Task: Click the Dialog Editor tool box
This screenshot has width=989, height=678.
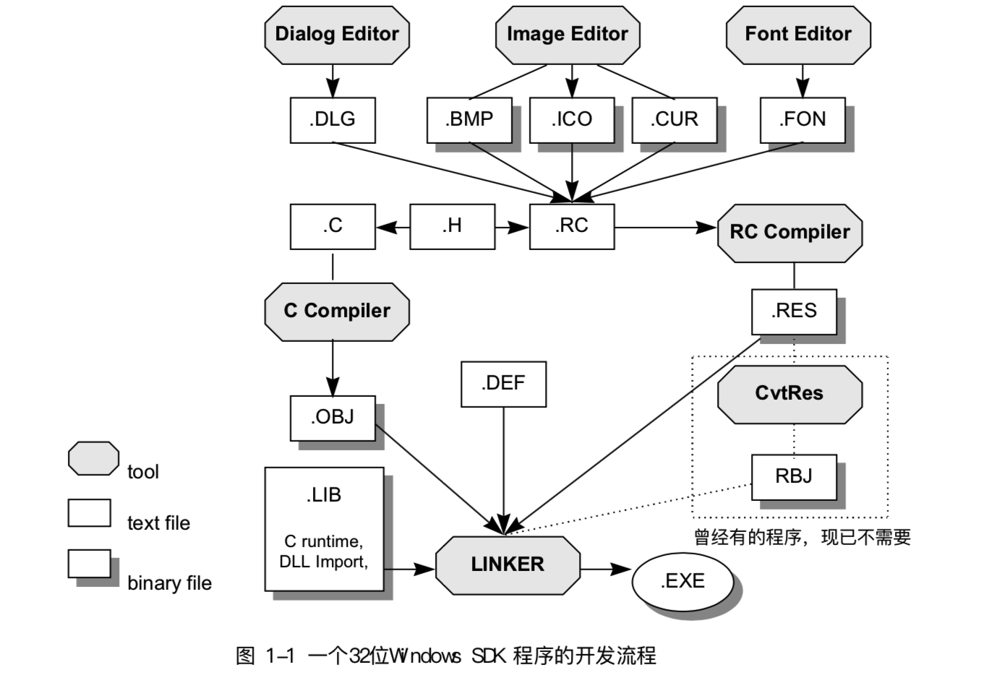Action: point(337,35)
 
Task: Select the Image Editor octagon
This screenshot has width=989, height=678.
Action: point(568,35)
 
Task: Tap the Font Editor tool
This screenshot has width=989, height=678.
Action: point(798,35)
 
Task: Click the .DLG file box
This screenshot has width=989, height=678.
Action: point(333,120)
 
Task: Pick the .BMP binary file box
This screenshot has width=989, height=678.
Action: point(469,120)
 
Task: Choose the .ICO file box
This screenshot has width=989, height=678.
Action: point(572,120)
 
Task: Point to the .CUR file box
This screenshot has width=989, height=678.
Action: point(675,120)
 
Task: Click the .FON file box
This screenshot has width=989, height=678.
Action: point(802,120)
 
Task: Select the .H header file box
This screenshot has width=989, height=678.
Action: point(453,226)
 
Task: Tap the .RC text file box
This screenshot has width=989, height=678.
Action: point(572,226)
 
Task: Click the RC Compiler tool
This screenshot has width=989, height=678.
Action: point(789,233)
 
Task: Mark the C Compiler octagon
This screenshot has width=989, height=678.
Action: point(337,312)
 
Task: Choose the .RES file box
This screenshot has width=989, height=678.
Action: point(794,312)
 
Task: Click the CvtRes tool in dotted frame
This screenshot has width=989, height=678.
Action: point(789,394)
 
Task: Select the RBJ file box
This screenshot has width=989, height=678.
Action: point(794,476)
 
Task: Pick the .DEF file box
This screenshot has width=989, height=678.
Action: point(503,384)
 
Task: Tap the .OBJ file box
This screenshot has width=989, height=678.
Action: point(333,418)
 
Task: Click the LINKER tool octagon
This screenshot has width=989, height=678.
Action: point(508,565)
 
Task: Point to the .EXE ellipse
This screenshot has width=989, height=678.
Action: point(682,582)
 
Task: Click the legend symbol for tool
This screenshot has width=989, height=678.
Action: point(94,458)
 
